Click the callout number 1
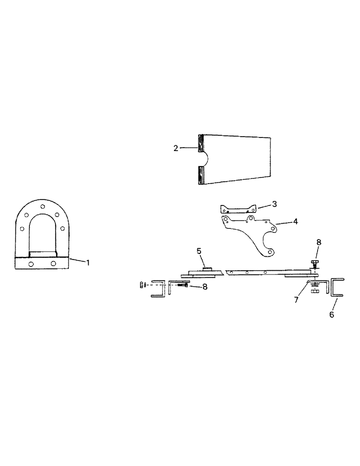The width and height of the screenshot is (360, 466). [x=87, y=262]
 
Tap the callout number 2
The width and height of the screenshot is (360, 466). [x=175, y=148]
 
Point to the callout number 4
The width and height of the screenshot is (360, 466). [x=295, y=222]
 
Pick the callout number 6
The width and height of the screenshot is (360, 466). [x=332, y=315]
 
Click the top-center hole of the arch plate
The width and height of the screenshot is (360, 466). [x=42, y=206]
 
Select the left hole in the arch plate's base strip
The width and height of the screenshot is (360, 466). [x=31, y=264]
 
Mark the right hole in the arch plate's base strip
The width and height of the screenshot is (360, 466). [x=54, y=264]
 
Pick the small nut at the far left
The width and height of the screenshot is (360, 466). [x=141, y=284]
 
